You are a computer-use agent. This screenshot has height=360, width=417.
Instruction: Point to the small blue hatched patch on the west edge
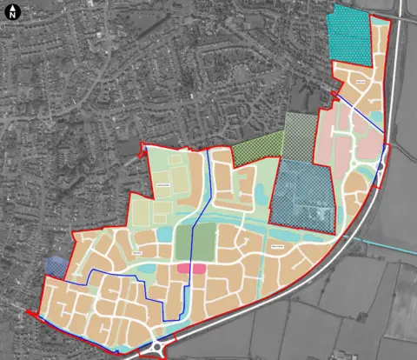54,265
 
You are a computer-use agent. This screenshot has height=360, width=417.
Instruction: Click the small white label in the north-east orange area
361,82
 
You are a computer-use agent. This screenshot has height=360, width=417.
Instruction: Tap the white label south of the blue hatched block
278,247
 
